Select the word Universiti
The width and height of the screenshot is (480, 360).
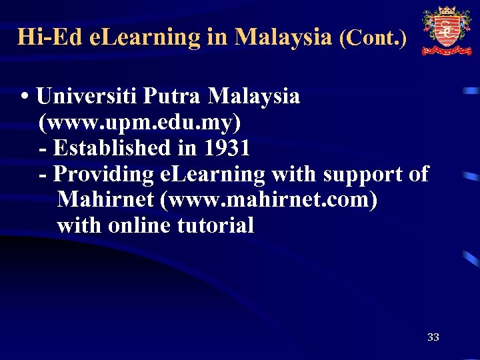click(x=87, y=96)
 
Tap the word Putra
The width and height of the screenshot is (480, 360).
click(x=173, y=96)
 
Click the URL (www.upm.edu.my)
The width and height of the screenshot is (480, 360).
click(x=140, y=122)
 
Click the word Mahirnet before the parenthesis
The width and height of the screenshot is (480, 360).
click(x=110, y=199)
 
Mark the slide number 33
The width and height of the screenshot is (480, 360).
click(x=433, y=337)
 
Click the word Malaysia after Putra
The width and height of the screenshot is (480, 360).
click(x=253, y=96)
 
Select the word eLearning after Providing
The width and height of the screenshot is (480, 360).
click(x=213, y=174)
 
